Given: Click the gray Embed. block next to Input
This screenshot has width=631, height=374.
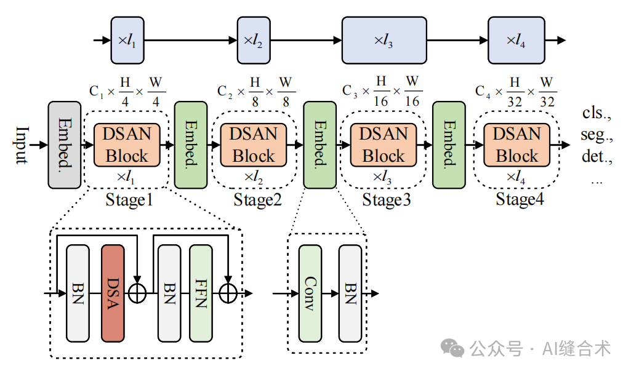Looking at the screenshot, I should [x=64, y=145].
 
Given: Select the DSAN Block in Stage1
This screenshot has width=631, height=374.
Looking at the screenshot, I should [x=126, y=145].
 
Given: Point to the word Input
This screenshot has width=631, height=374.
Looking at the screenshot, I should [x=22, y=145].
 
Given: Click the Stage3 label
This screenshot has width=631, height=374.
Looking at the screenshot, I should [x=385, y=200].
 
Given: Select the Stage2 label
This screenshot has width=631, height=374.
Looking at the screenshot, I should [x=257, y=200].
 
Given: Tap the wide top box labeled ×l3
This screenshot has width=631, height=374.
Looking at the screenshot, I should [x=384, y=41].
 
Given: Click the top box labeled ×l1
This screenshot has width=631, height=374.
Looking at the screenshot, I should [x=127, y=41].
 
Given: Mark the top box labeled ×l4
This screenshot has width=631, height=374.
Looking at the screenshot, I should [x=516, y=41].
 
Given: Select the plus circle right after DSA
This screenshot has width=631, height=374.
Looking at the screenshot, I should [x=137, y=293].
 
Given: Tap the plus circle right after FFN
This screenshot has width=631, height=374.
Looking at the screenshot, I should [x=228, y=293].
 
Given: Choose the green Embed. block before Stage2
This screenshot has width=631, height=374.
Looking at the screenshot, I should [x=191, y=145].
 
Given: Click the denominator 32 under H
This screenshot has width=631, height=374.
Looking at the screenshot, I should [x=514, y=100].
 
